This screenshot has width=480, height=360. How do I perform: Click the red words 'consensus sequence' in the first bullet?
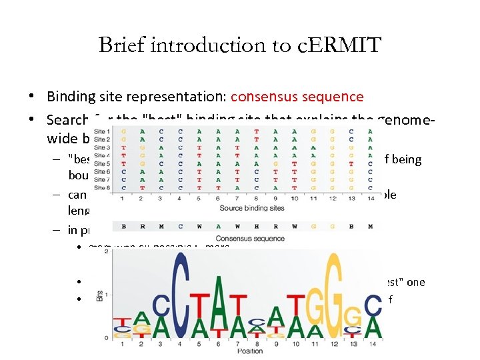point(297,97)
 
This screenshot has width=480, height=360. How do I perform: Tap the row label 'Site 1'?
point(103,131)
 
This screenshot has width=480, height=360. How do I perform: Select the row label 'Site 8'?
point(103,188)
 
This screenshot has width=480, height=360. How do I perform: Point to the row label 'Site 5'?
point(103,163)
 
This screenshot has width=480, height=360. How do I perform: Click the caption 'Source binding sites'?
point(252,208)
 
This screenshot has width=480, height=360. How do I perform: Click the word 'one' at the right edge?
point(415,282)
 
